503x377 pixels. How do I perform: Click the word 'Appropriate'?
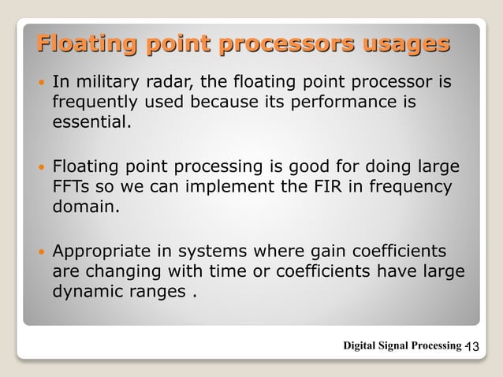click(x=100, y=252)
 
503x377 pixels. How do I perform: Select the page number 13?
click(x=475, y=346)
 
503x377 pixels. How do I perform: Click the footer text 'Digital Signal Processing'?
click(x=401, y=345)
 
